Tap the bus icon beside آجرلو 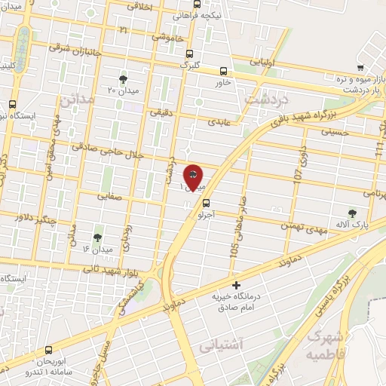[x=206, y=201]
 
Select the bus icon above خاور [x=223, y=69]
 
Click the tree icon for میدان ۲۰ [x=123, y=78]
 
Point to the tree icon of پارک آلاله [x=352, y=213]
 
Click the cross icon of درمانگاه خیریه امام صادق [x=237, y=285]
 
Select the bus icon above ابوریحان [x=49, y=350]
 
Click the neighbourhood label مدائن [x=78, y=99]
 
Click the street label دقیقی [x=161, y=113]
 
